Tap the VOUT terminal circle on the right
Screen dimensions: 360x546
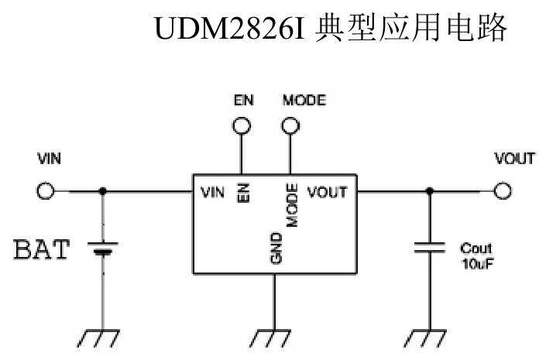point(503,190)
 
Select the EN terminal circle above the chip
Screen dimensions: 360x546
point(241,125)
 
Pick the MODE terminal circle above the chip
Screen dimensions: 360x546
point(290,125)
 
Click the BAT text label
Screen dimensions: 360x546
point(43,249)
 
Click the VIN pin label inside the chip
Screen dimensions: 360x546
point(211,191)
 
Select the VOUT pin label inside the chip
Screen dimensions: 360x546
point(328,191)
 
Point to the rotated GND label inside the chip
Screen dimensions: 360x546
point(275,249)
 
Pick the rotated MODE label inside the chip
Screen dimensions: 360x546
point(292,205)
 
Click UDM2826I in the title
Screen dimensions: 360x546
point(232,29)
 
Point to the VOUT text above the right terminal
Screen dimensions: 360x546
point(514,159)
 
